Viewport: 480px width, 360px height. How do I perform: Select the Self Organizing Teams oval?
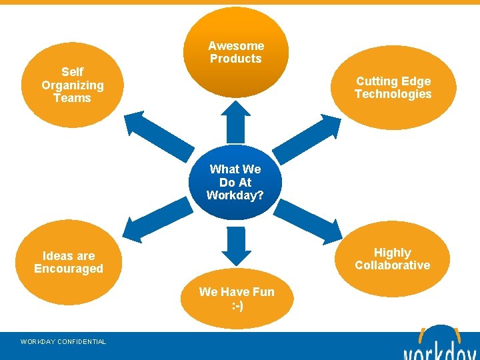coord(73,85)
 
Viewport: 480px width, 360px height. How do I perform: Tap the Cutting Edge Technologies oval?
coord(393,87)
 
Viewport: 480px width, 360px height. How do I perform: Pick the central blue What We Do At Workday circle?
coord(235,182)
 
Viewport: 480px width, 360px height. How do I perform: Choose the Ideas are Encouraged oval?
coord(69,262)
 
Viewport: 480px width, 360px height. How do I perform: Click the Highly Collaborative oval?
coord(392,259)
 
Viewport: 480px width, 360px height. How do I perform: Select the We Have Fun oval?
coord(236,299)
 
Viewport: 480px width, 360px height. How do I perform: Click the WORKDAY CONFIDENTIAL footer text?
coord(63,342)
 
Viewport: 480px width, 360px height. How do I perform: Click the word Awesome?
coord(236,46)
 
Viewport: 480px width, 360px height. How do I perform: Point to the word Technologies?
coord(393,94)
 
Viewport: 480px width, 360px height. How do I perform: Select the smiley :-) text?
coord(237,305)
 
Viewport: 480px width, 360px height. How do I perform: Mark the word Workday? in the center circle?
coord(235,195)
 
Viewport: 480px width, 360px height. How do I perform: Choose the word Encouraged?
coord(69,269)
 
